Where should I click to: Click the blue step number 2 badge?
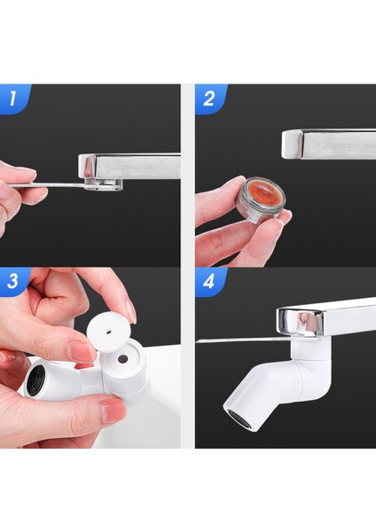(209, 98)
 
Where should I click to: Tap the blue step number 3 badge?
(13, 281)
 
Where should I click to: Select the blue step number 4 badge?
(209, 281)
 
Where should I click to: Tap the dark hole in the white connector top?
(122, 358)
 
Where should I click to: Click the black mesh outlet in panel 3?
(35, 380)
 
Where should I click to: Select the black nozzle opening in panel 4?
(239, 420)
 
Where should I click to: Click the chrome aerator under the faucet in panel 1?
(104, 184)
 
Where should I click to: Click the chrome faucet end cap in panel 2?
(292, 145)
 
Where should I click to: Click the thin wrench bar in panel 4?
(245, 340)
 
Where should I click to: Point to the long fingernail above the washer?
(130, 311)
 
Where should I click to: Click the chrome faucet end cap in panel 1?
(87, 167)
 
